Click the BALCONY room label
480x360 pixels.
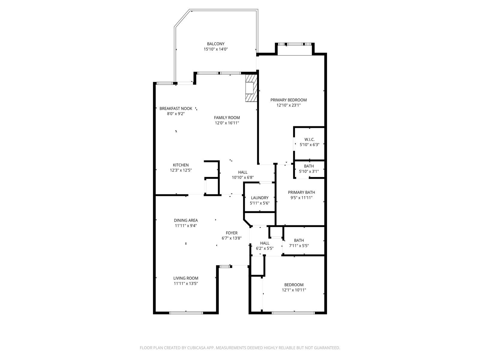(216, 44)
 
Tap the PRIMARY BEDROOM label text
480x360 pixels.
(288, 100)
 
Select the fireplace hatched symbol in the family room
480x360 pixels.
(251, 88)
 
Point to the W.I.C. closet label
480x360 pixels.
(309, 139)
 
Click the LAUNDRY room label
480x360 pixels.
(259, 198)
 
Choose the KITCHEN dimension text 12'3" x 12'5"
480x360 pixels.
(181, 170)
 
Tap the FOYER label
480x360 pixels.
(232, 233)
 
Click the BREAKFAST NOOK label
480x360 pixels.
(176, 108)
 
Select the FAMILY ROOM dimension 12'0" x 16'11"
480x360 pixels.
(227, 123)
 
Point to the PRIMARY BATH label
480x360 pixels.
(301, 192)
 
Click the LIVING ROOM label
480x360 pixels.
(186, 278)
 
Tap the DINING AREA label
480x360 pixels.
(186, 220)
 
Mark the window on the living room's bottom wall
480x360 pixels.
(186, 313)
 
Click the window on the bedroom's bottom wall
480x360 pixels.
(293, 313)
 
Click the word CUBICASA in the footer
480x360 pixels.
(196, 348)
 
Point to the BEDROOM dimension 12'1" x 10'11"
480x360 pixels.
(294, 290)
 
